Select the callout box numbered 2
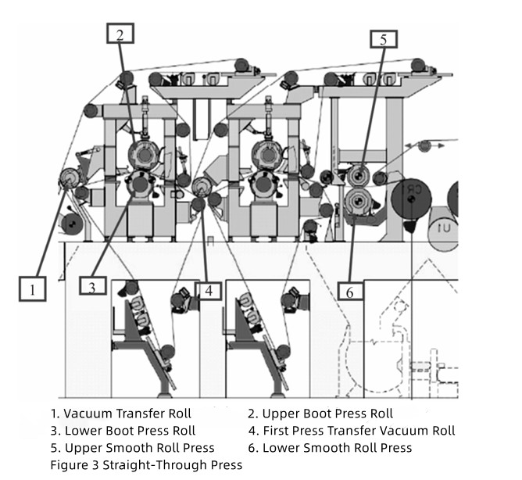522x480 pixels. click(120, 34)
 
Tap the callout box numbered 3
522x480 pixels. click(92, 287)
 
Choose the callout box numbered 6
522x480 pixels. click(350, 292)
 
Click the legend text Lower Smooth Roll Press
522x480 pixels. click(330, 447)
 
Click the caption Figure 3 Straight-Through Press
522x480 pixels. click(146, 464)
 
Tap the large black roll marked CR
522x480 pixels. click(412, 196)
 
